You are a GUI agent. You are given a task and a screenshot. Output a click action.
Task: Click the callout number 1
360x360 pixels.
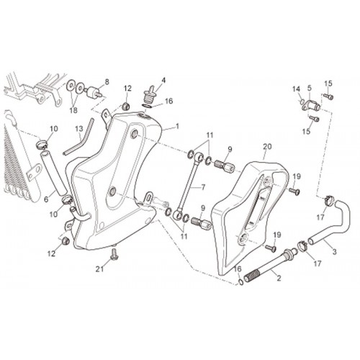177,126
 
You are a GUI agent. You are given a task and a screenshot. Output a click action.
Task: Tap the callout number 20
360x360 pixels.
267,146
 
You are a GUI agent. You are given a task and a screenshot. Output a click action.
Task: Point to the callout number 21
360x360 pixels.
99,269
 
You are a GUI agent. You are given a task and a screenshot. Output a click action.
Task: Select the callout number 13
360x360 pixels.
79,129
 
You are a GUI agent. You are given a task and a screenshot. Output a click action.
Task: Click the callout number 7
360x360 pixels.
203,187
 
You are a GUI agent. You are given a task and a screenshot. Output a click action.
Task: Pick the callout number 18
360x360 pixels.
73,110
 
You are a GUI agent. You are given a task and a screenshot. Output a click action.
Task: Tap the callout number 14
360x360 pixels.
296,89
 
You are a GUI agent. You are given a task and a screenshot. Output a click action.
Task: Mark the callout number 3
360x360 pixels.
334,252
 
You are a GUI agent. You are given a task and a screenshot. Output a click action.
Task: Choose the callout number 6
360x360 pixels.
46,199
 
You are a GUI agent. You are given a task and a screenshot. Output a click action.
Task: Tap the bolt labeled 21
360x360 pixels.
114,255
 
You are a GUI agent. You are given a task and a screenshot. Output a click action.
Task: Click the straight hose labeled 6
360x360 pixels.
53,174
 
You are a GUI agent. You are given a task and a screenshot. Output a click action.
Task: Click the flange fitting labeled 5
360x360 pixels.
310,105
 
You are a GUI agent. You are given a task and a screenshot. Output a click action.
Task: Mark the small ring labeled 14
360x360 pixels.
302,102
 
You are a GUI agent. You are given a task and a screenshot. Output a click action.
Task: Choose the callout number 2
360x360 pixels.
279,278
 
